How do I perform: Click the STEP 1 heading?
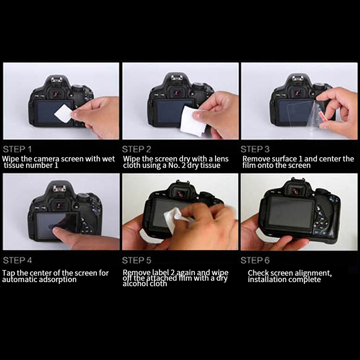[x=17, y=149]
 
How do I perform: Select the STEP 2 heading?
[x=137, y=149]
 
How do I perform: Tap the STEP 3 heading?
[x=255, y=149]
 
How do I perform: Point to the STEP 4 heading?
[x=17, y=261]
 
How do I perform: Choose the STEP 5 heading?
[x=137, y=261]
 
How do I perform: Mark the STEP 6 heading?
[x=255, y=261]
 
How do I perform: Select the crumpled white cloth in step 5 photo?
[x=175, y=218]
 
